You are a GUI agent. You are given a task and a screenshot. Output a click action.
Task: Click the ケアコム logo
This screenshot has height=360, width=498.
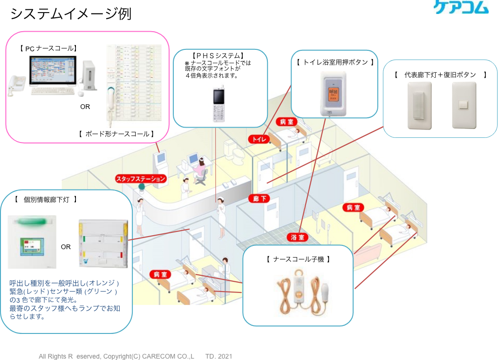[461, 7]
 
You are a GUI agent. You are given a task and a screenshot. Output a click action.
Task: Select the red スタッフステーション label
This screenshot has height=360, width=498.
[141, 178]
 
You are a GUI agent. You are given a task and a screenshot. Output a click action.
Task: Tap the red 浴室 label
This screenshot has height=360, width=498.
[298, 238]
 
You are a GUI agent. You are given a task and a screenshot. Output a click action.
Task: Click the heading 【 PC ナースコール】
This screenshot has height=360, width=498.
[48, 48]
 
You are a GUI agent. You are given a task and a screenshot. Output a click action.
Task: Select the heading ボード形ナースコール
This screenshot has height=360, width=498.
[117, 134]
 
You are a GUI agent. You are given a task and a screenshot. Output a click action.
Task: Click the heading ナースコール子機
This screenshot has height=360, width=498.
[298, 259]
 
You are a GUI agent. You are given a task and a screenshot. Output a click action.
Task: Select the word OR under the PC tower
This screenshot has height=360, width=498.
[85, 107]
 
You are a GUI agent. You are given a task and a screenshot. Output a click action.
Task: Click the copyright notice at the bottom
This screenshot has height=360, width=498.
[135, 356]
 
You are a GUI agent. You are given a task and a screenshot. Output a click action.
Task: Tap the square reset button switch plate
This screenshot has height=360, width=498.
[464, 105]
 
